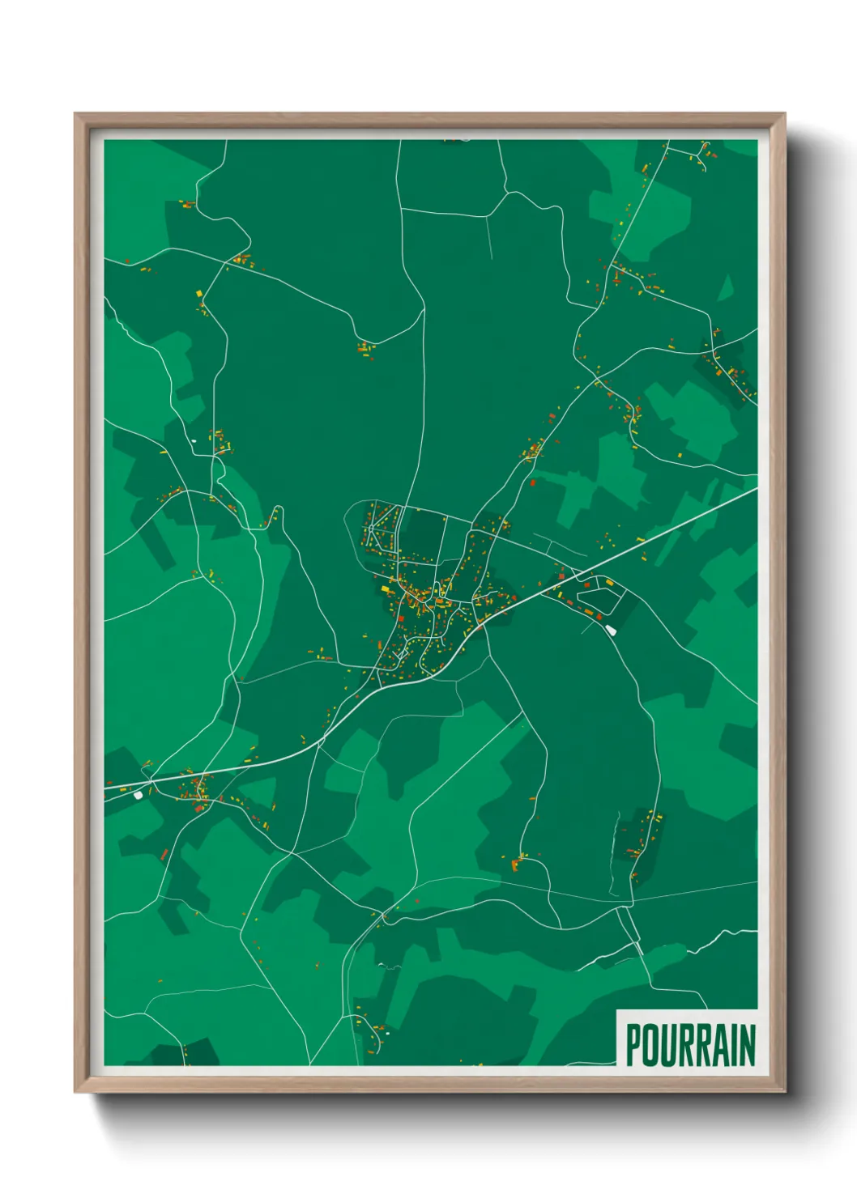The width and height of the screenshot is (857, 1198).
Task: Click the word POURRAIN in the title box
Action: (690, 1045)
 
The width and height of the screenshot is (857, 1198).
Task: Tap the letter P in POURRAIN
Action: (633, 1045)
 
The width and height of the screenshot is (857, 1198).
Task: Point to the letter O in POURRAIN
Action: (650, 1045)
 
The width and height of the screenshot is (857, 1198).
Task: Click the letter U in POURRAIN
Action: (667, 1045)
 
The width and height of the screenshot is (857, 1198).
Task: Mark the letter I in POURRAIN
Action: (732, 1045)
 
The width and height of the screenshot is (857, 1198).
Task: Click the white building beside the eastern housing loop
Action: (611, 629)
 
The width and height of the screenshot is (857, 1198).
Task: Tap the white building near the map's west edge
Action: (138, 795)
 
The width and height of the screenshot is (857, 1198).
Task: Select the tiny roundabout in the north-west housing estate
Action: (370, 529)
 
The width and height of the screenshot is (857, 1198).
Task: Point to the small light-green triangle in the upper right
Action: (725, 288)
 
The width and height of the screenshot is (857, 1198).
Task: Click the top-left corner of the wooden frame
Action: (75, 114)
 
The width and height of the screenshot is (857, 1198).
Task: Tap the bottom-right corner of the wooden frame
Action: (785, 1092)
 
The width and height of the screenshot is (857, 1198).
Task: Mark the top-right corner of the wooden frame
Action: (785, 114)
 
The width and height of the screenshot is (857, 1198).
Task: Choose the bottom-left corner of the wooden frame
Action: (75, 1092)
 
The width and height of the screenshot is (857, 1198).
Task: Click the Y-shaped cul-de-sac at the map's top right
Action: (701, 152)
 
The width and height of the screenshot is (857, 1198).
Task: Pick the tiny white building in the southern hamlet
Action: (387, 1033)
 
